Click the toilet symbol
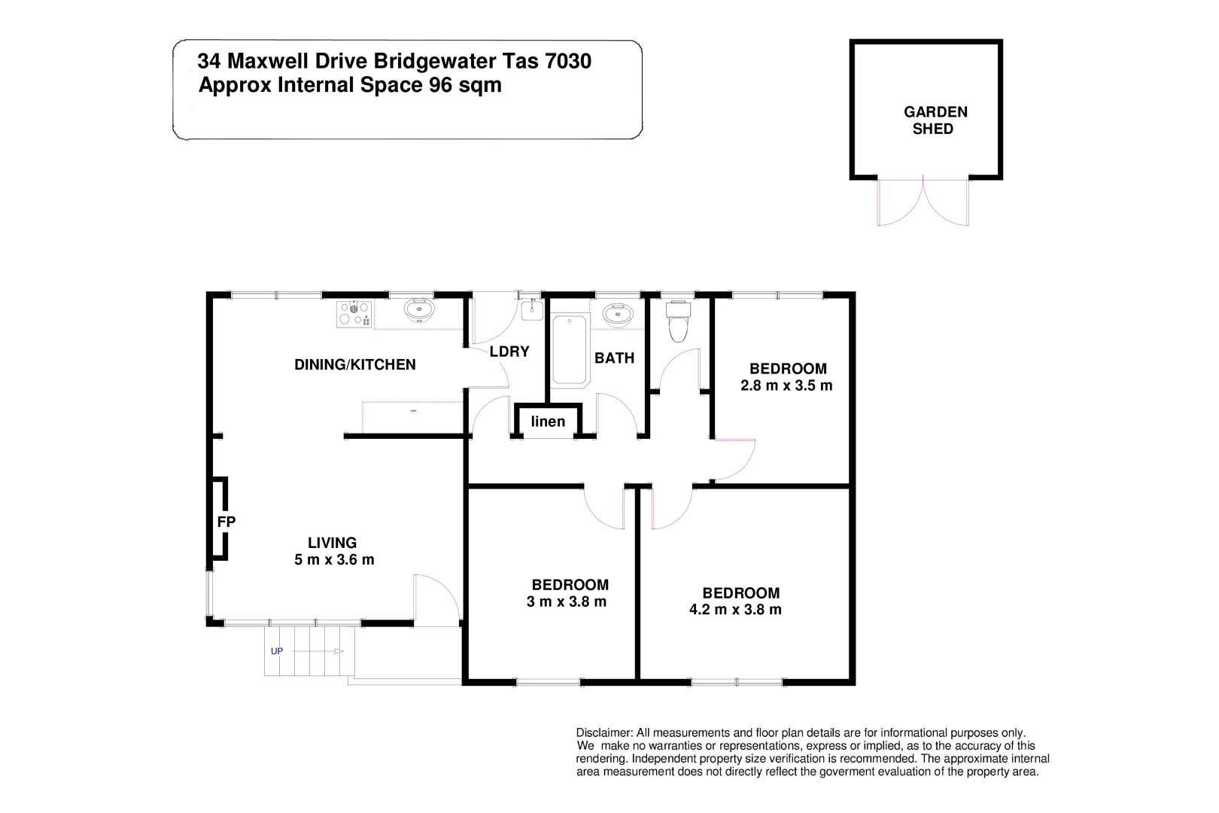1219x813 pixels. pos(678,319)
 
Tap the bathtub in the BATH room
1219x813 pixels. pos(570,350)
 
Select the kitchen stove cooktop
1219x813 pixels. pos(354,313)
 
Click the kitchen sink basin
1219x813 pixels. pos(417,309)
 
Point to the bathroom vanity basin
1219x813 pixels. pos(619,312)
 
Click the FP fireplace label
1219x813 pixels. pos(226,521)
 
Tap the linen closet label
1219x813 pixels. pos(548,421)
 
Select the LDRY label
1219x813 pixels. pos(509,352)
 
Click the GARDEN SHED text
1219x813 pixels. pos(935,120)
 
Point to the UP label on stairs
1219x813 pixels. pos(276,651)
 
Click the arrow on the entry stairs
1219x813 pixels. pos(336,651)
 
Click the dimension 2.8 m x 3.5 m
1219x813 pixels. pos(787,386)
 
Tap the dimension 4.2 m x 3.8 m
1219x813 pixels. pos(735,610)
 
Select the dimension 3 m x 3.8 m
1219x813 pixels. pos(567,601)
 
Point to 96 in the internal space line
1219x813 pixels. pos(439,85)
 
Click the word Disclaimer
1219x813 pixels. pos(603,732)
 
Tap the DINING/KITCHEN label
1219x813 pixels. pos(354,364)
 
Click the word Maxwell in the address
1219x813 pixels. pos(268,60)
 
